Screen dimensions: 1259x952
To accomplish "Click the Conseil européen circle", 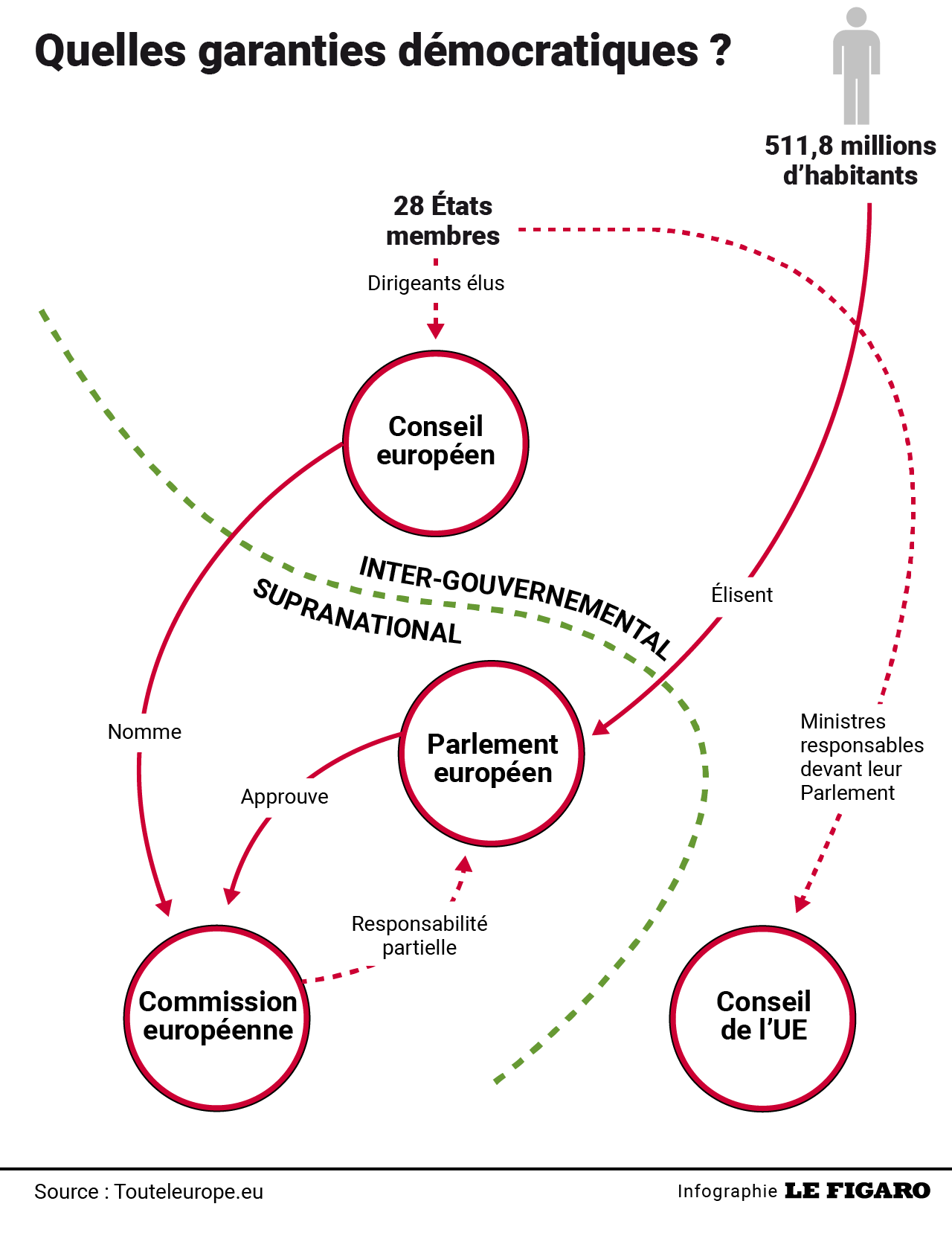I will pos(436,443).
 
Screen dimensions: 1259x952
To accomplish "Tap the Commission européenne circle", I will pos(217,1018).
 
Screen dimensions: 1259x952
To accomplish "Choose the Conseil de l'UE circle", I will pos(763,1018).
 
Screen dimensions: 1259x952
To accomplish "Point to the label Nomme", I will pos(144,732).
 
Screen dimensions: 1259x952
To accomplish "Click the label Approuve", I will pos(284,797).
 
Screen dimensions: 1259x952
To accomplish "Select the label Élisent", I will pos(742,595).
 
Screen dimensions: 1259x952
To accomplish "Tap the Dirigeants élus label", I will pos(436,283).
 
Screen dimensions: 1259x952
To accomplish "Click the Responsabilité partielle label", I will pos(419,936).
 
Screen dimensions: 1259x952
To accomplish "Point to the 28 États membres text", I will pos(443,221).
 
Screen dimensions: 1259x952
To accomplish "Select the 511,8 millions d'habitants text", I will pos(850,161).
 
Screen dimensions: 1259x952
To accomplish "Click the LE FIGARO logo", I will pos(857,1191).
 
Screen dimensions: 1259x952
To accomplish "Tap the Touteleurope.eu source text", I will pos(189,1192).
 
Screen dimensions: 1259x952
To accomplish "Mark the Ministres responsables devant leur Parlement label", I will pos(861,757).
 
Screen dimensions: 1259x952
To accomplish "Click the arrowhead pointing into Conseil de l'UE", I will pos(802,903).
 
